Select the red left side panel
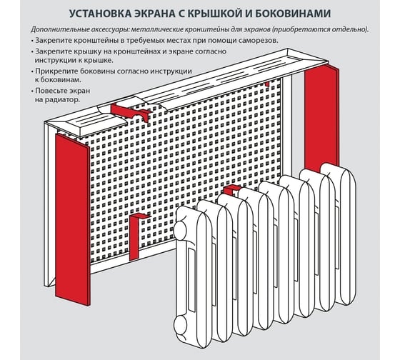[x=73, y=219]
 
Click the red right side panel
[x=321, y=117]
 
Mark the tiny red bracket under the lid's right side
[x=267, y=84]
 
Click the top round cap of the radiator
[x=180, y=227]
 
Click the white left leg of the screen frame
[x=50, y=204]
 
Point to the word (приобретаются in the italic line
[x=300, y=29]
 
